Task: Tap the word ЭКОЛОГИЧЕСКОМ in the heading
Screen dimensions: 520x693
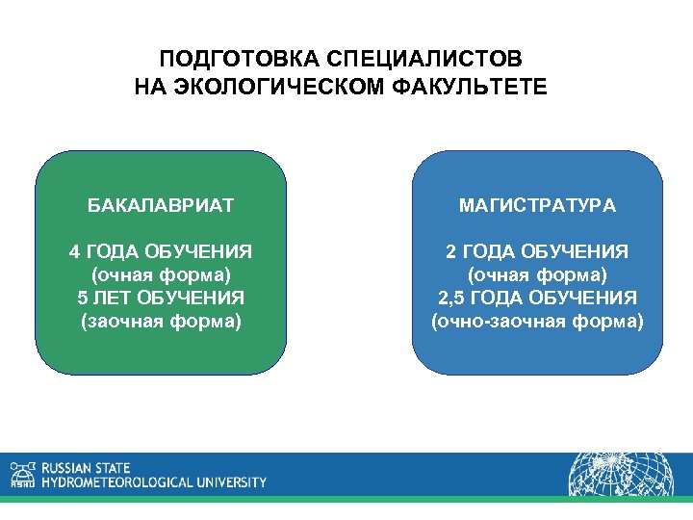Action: tap(278, 88)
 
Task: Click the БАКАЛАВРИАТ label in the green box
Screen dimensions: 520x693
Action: tap(161, 205)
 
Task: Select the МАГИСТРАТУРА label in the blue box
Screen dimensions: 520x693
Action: tap(538, 205)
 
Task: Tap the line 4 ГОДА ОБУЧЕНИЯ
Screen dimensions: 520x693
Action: tap(161, 252)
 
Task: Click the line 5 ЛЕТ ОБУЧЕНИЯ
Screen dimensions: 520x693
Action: tap(161, 298)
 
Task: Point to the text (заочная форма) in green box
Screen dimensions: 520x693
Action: tap(161, 321)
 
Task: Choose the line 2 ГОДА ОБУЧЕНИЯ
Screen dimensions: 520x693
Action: tap(538, 252)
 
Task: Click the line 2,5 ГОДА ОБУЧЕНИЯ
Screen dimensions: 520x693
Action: tap(538, 298)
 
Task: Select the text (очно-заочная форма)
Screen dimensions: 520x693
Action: tap(538, 321)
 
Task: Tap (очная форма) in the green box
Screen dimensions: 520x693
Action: tap(161, 275)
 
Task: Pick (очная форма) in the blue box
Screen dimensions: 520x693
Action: tap(538, 275)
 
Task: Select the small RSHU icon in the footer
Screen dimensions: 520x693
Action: tap(21, 474)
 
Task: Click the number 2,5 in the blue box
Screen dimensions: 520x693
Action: tap(452, 298)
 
